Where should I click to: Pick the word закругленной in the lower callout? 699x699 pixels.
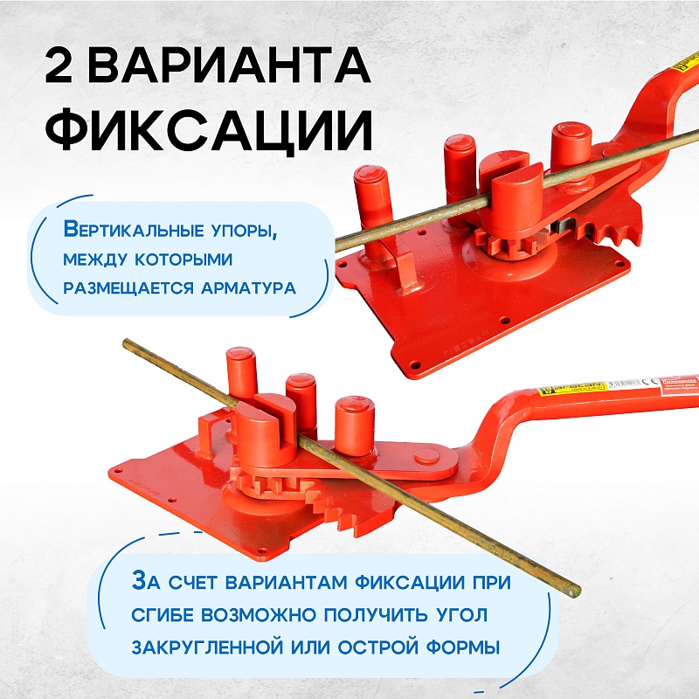coord(218,647)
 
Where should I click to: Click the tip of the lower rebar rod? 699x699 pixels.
coord(573,592)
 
